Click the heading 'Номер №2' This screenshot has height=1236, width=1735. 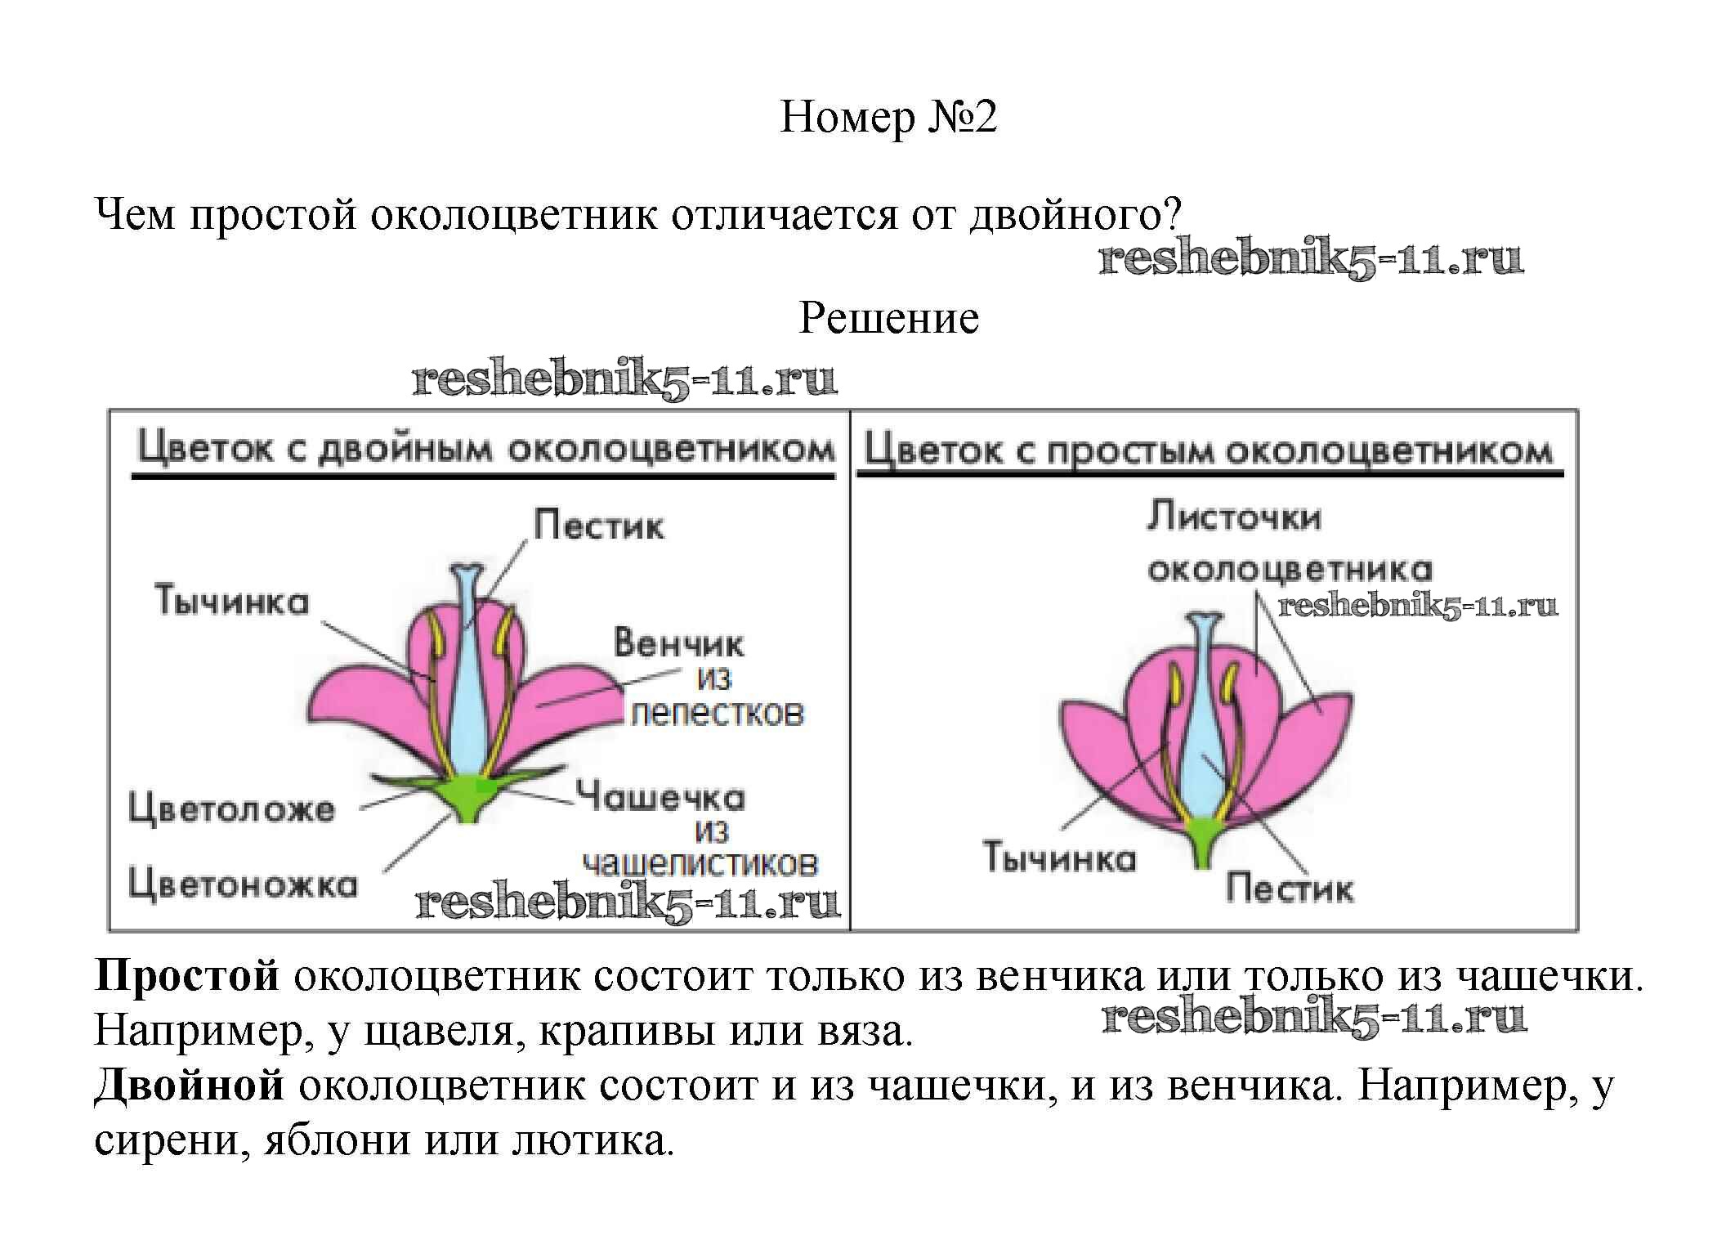tap(888, 117)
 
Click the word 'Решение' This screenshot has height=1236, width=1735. tap(888, 318)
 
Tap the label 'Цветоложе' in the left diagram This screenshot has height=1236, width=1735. tap(232, 809)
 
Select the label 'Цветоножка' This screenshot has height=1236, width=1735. tap(243, 884)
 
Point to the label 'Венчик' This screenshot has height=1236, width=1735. tap(679, 644)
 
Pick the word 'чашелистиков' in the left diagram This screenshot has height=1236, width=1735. tap(700, 864)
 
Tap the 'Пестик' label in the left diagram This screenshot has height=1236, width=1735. tap(599, 525)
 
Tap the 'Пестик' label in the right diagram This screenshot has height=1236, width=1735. tap(1290, 889)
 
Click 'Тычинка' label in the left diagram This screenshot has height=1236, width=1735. tap(232, 602)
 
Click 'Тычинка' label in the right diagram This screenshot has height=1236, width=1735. tap(1059, 858)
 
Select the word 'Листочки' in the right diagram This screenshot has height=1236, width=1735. tap(1234, 517)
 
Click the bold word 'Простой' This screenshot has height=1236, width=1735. tap(187, 976)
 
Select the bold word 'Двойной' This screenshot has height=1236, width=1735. tap(190, 1086)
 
